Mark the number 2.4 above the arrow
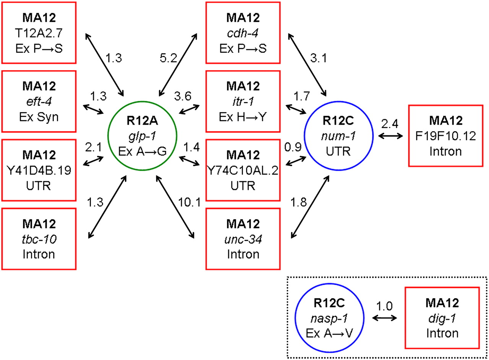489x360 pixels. point(389,124)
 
